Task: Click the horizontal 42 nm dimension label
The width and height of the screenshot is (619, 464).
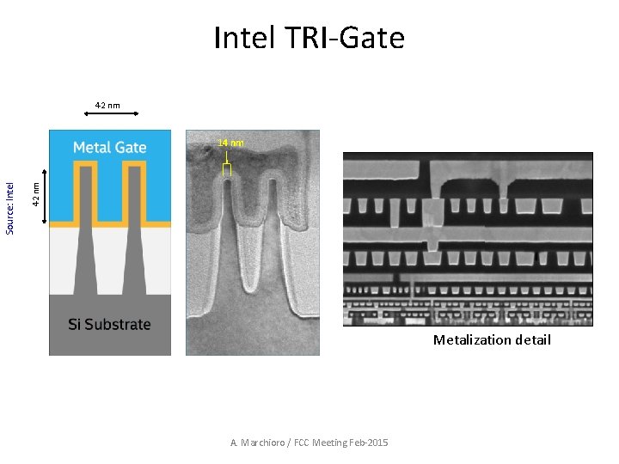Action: (x=107, y=106)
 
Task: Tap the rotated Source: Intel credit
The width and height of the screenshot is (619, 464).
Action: (x=10, y=207)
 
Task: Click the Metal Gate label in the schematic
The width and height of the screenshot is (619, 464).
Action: (x=110, y=147)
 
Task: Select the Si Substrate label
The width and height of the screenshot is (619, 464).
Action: (x=110, y=325)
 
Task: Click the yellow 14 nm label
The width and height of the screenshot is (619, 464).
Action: (x=230, y=143)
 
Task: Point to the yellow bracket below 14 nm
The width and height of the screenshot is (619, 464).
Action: (x=227, y=170)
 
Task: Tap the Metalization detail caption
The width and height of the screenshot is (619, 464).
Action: (x=492, y=340)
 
